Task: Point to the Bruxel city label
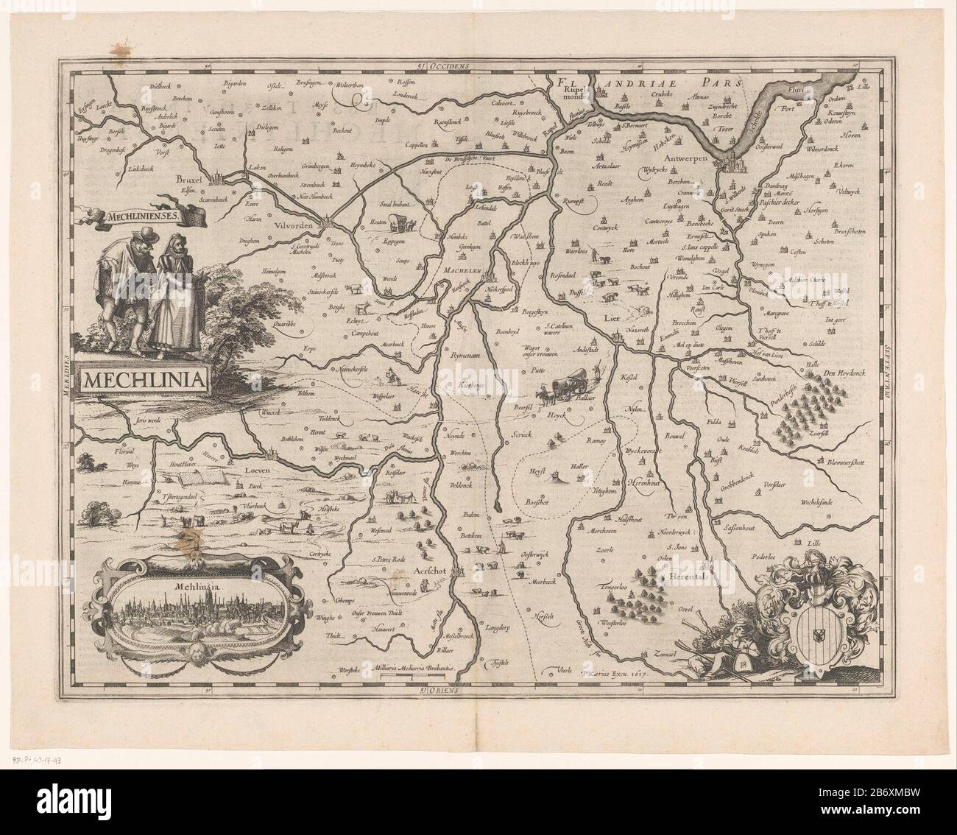(190, 179)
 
